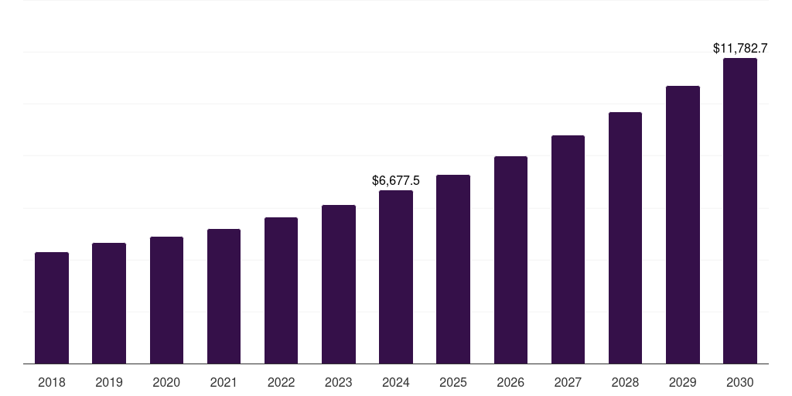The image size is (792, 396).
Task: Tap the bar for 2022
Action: (281, 290)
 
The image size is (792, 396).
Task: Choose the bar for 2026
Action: (510, 260)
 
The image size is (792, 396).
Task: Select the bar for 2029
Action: (683, 224)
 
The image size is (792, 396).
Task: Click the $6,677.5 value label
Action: (396, 181)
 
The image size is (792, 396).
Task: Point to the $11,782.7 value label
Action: (740, 49)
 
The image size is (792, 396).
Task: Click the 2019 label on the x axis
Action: (109, 382)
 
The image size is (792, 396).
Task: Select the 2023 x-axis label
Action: (339, 382)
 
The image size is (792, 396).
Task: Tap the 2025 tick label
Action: (453, 382)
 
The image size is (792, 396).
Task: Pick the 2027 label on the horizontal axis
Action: (568, 382)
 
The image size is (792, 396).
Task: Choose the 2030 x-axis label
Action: (740, 382)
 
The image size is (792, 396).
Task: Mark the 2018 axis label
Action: (52, 382)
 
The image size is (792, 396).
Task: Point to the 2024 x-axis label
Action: (396, 382)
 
